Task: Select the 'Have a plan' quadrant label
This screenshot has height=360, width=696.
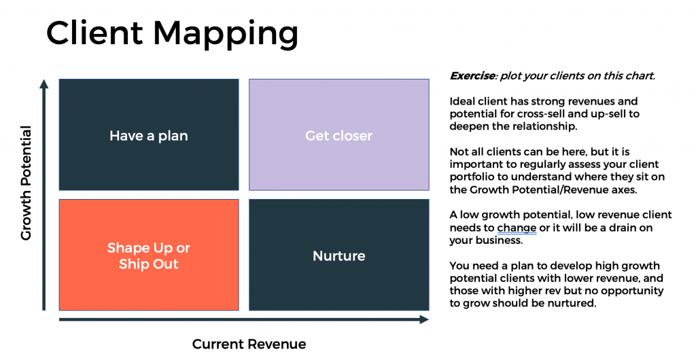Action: coord(149,136)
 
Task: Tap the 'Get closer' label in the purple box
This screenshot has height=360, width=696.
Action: coord(338,136)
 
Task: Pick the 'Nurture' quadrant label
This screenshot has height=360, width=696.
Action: coord(339,256)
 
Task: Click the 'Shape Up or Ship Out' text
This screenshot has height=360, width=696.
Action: coord(149,256)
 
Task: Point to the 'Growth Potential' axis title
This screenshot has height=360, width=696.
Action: coord(27,183)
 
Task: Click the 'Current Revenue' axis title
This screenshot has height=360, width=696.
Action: coord(249,344)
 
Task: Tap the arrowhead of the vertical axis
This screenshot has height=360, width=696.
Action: coord(43,84)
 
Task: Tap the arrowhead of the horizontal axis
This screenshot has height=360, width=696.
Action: coord(424,319)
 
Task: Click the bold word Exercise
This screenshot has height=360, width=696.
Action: coord(472,76)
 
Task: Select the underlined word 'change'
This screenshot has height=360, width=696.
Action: coord(517,228)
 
